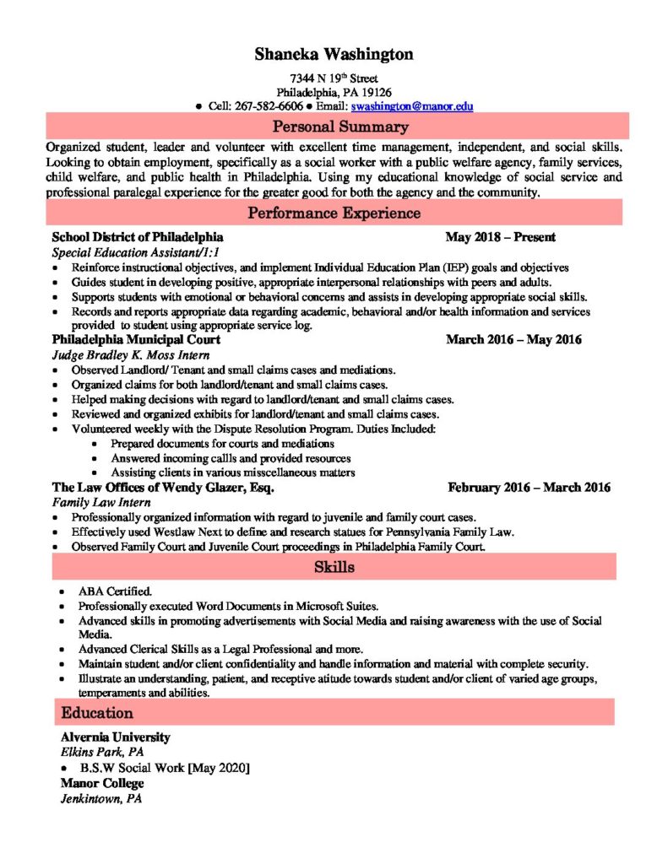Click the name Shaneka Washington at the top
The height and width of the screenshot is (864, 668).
click(x=334, y=55)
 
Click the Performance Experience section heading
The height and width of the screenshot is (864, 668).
click(x=334, y=213)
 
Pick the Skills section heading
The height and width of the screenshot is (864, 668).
click(x=334, y=567)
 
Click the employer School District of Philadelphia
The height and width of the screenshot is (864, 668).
click(x=138, y=237)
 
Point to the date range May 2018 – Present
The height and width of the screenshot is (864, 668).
click(x=500, y=237)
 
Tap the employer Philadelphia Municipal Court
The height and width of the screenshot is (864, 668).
click(x=136, y=339)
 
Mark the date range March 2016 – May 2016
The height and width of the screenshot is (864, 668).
click(x=513, y=339)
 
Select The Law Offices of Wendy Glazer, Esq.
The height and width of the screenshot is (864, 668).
click(x=162, y=488)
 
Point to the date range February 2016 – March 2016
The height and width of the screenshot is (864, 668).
click(x=529, y=488)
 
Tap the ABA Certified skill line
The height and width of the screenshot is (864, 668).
click(x=115, y=591)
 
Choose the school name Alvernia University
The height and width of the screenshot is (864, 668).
click(x=115, y=737)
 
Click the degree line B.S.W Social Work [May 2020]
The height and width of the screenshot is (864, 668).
click(x=165, y=768)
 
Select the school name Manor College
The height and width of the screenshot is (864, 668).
click(x=101, y=783)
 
